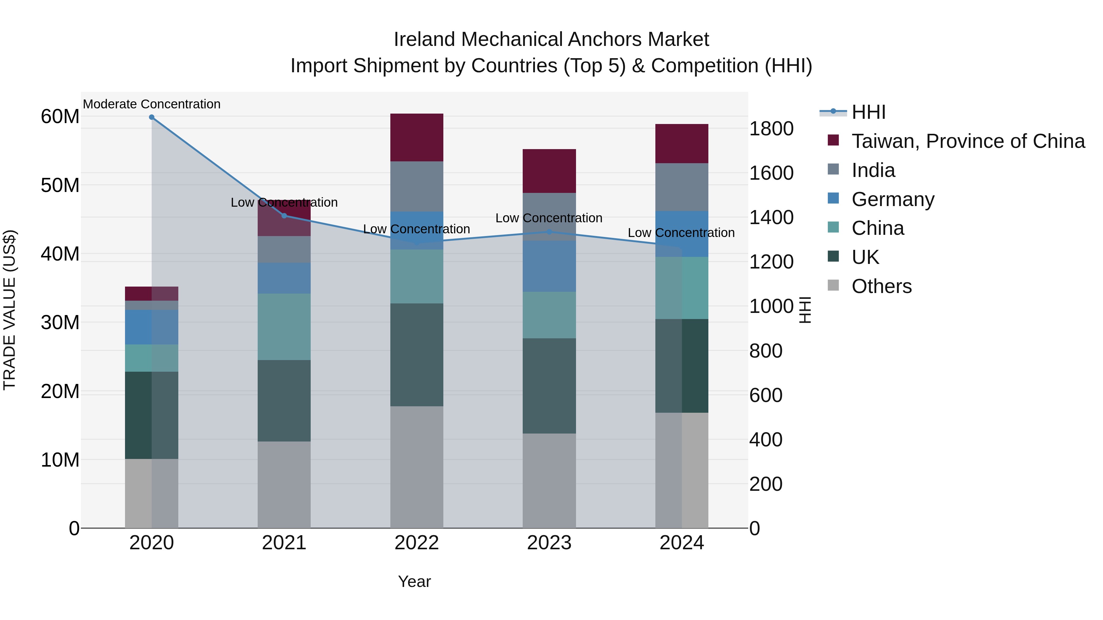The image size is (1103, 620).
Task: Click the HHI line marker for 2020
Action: pyautogui.click(x=152, y=117)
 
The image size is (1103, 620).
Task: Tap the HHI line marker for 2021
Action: pyautogui.click(x=284, y=216)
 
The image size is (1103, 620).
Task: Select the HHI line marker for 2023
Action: pyautogui.click(x=549, y=232)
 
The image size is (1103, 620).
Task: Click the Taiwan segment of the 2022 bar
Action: pyautogui.click(x=417, y=137)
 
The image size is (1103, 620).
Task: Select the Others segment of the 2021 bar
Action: pyautogui.click(x=284, y=484)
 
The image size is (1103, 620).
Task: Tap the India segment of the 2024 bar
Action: pyautogui.click(x=682, y=187)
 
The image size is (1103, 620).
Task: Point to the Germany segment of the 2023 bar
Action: pyautogui.click(x=549, y=266)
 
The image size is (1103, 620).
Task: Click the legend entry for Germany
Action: pyautogui.click(x=893, y=199)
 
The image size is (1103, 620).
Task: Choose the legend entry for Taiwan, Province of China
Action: pyautogui.click(x=968, y=141)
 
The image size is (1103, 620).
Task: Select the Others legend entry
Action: pyautogui.click(x=881, y=286)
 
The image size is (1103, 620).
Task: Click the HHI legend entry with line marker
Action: pyautogui.click(x=868, y=112)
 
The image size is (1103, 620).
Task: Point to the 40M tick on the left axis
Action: pyautogui.click(x=60, y=254)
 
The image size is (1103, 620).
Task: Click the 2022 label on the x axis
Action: pyautogui.click(x=417, y=543)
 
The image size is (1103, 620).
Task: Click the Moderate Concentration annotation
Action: pyautogui.click(x=152, y=104)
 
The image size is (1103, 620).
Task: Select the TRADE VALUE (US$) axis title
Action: pyautogui.click(x=9, y=310)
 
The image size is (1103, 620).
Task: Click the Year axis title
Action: pyautogui.click(x=414, y=581)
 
